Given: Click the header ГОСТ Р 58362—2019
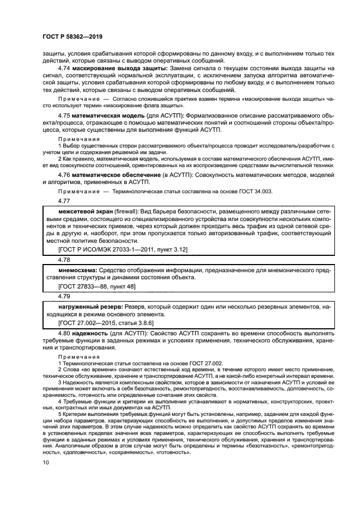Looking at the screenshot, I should pyautogui.click(x=72, y=36).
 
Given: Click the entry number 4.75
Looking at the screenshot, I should pyautogui.click(x=65, y=116).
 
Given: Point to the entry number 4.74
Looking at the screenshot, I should pyautogui.click(x=65, y=69).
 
